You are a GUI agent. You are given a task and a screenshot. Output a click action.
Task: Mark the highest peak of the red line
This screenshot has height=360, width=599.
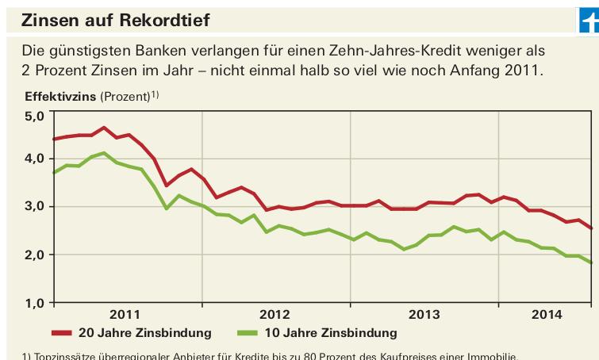[x=105, y=127]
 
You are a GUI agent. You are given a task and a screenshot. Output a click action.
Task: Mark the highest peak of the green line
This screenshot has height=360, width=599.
[x=105, y=152]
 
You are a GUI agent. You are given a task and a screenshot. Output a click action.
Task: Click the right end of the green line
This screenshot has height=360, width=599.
[x=590, y=262]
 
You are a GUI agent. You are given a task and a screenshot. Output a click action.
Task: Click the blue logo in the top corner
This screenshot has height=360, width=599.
[x=588, y=19]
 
